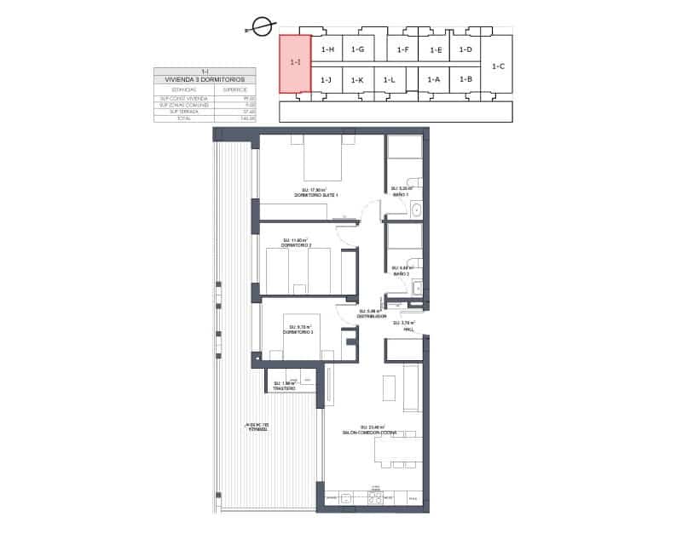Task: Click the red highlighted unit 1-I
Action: click(295, 63)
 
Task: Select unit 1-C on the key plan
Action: click(499, 66)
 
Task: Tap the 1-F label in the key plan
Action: click(403, 50)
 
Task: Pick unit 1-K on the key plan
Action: click(357, 80)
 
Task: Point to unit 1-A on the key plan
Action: click(433, 80)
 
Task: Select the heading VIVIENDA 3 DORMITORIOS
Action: click(205, 78)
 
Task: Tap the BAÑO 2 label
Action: click(402, 273)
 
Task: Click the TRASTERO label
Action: click(284, 388)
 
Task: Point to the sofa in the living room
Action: click(410, 387)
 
